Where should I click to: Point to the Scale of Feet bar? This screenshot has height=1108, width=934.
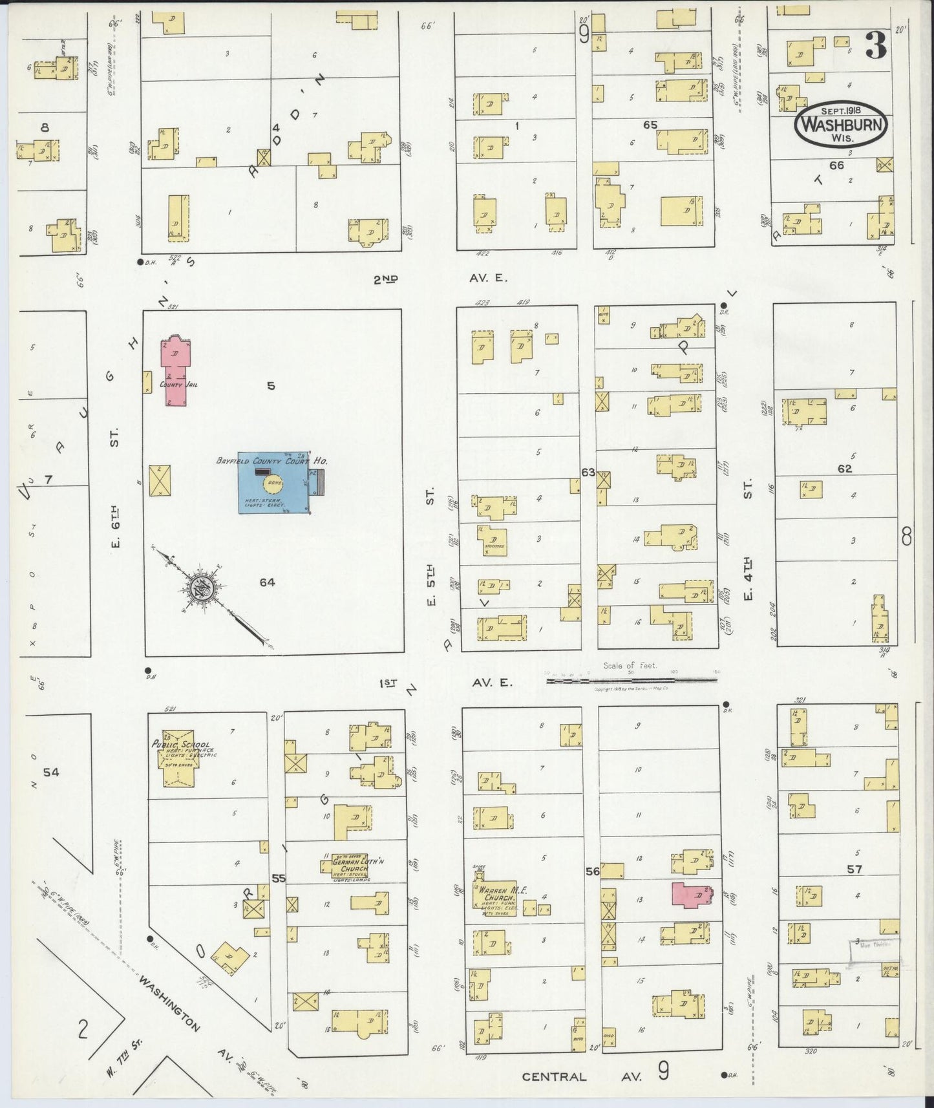(x=632, y=680)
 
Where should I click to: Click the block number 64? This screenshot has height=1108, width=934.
(x=267, y=582)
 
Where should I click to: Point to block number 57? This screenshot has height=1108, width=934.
(x=854, y=869)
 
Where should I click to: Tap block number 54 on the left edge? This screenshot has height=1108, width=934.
(x=51, y=772)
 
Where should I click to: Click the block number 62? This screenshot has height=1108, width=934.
(x=845, y=469)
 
